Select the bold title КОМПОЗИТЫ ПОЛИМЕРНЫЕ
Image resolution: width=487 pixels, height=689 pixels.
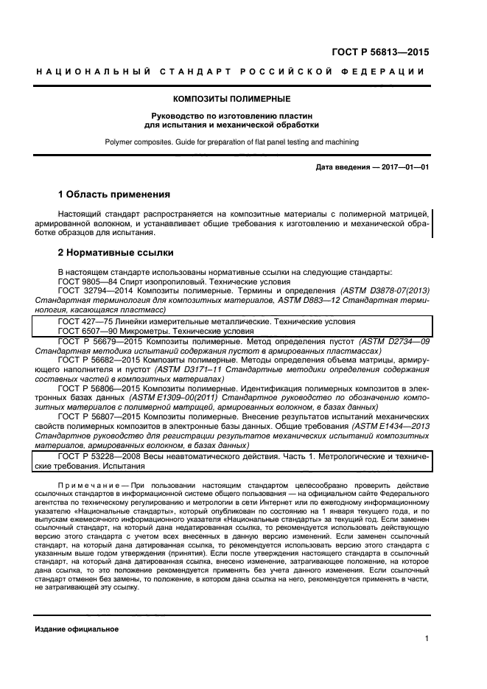[231, 98]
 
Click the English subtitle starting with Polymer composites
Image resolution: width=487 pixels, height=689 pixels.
[231, 140]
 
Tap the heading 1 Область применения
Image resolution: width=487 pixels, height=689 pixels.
[114, 195]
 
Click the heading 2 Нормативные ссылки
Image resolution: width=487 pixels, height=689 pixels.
[116, 253]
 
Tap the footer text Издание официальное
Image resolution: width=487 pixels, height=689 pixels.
[76, 630]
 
